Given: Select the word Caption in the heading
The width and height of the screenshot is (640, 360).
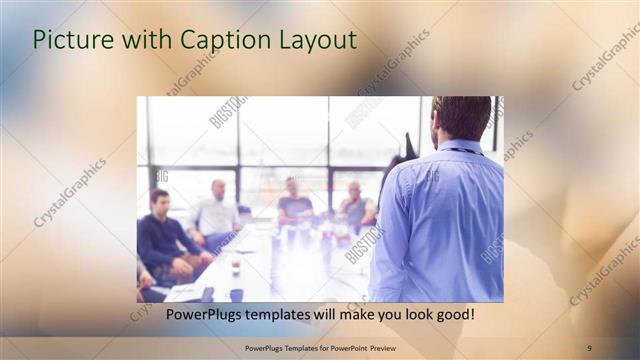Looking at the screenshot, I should [x=221, y=40].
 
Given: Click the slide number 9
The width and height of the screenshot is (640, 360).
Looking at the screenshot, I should [x=589, y=347].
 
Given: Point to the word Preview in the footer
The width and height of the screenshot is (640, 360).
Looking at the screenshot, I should [x=394, y=347].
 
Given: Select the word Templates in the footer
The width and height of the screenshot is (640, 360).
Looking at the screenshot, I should [x=297, y=347].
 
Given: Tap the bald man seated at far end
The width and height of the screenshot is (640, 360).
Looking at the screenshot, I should [x=356, y=205].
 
